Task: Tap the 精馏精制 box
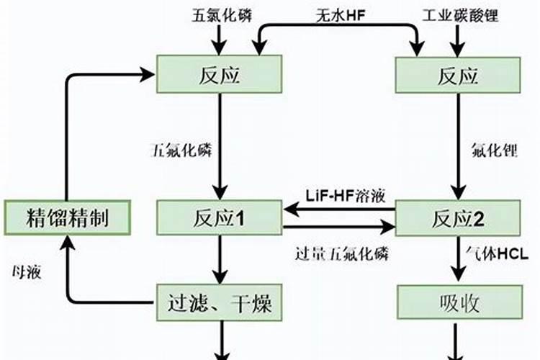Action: pos(66,217)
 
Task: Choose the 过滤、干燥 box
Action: pos(220,303)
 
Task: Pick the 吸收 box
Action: pos(457,303)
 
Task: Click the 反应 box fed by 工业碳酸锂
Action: pos(457,75)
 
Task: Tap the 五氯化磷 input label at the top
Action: pos(221,14)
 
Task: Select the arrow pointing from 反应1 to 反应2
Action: pos(338,227)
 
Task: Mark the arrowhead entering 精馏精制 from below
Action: pos(66,243)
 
